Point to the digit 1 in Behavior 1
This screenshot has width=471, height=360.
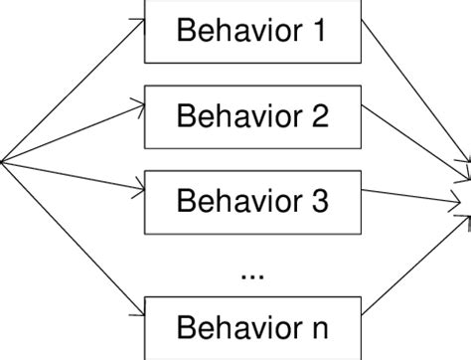318,32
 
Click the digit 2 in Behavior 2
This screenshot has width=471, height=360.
318,116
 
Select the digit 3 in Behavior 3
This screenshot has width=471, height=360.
318,201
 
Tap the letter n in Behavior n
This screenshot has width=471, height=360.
318,327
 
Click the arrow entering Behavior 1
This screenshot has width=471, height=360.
75,90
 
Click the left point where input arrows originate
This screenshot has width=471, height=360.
3,162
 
